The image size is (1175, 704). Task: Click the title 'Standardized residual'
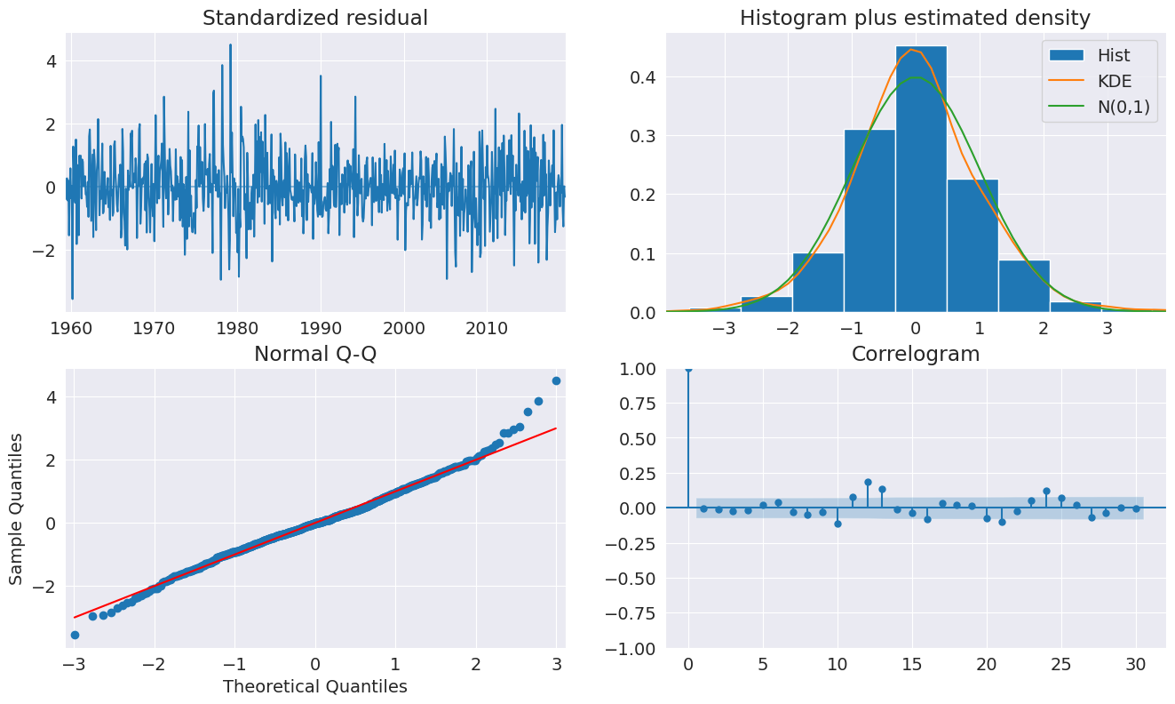pos(315,18)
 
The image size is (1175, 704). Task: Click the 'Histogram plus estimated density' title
pos(915,18)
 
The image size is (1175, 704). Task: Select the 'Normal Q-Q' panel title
pos(315,354)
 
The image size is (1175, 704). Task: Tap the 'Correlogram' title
pos(915,354)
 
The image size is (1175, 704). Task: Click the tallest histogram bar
pos(921,178)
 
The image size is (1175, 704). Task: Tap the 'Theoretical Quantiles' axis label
pos(315,686)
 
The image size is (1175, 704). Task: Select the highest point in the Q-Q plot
pos(556,380)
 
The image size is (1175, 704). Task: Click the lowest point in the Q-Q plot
pos(75,635)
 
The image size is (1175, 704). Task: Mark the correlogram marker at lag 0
pos(688,368)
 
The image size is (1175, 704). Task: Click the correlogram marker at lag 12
pos(868,482)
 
